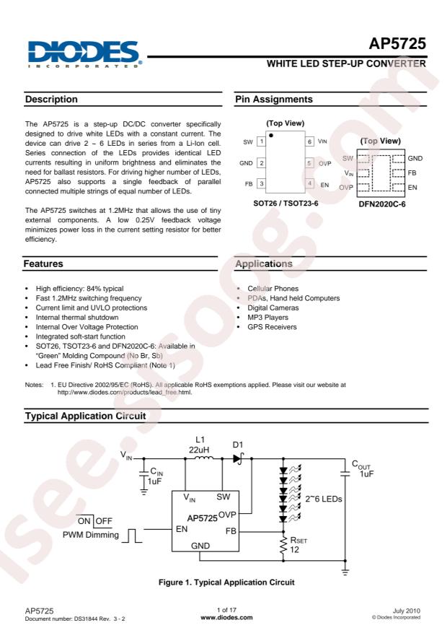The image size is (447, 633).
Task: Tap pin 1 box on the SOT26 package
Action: (262, 142)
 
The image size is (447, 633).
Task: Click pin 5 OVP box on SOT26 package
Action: (309, 163)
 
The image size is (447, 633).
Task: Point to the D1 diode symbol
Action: (237, 458)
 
